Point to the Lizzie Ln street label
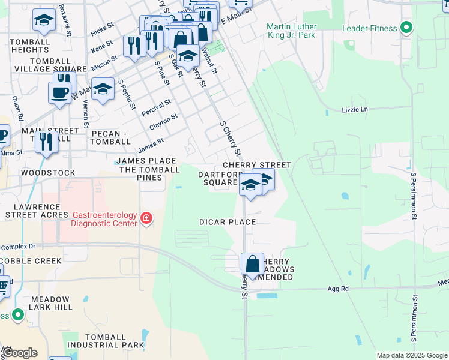pos(354,110)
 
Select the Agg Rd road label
pos(338,289)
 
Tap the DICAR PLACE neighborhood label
pos(228,222)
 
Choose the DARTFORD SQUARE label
pos(218,178)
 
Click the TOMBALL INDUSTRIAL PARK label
pos(106,341)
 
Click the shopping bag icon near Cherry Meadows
pos(253,264)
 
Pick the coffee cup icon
pos(59,92)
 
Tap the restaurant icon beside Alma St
pos(46,142)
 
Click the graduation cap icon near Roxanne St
pos(43,21)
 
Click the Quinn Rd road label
pos(17,106)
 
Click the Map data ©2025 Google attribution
pos(412,355)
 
